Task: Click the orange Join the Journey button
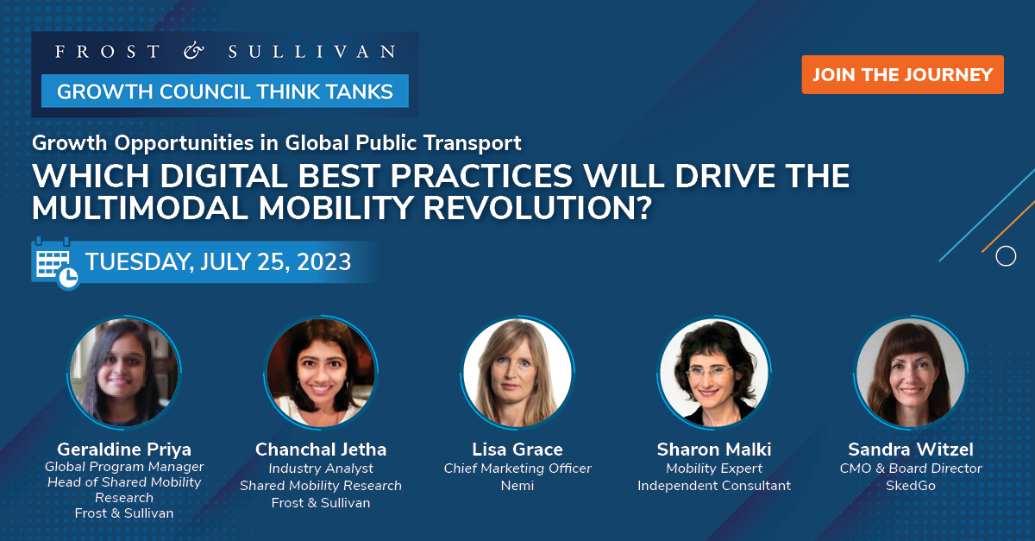pos(902,74)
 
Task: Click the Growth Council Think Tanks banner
pos(224,91)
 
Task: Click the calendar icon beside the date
pos(54,261)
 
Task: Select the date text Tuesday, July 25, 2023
pos(218,261)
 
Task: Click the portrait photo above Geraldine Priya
pos(124,372)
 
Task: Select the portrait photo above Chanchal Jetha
pos(321,372)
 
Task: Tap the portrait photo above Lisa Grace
pos(517,372)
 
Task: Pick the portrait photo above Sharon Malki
pos(714,372)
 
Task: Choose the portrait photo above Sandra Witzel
pos(911,372)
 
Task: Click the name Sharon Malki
pos(714,450)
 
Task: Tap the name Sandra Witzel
pos(911,450)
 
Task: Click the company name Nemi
pos(517,486)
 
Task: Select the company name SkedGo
pos(911,486)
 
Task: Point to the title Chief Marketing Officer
pos(517,469)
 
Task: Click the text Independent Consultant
pos(714,486)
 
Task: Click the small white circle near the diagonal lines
pos(1005,256)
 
